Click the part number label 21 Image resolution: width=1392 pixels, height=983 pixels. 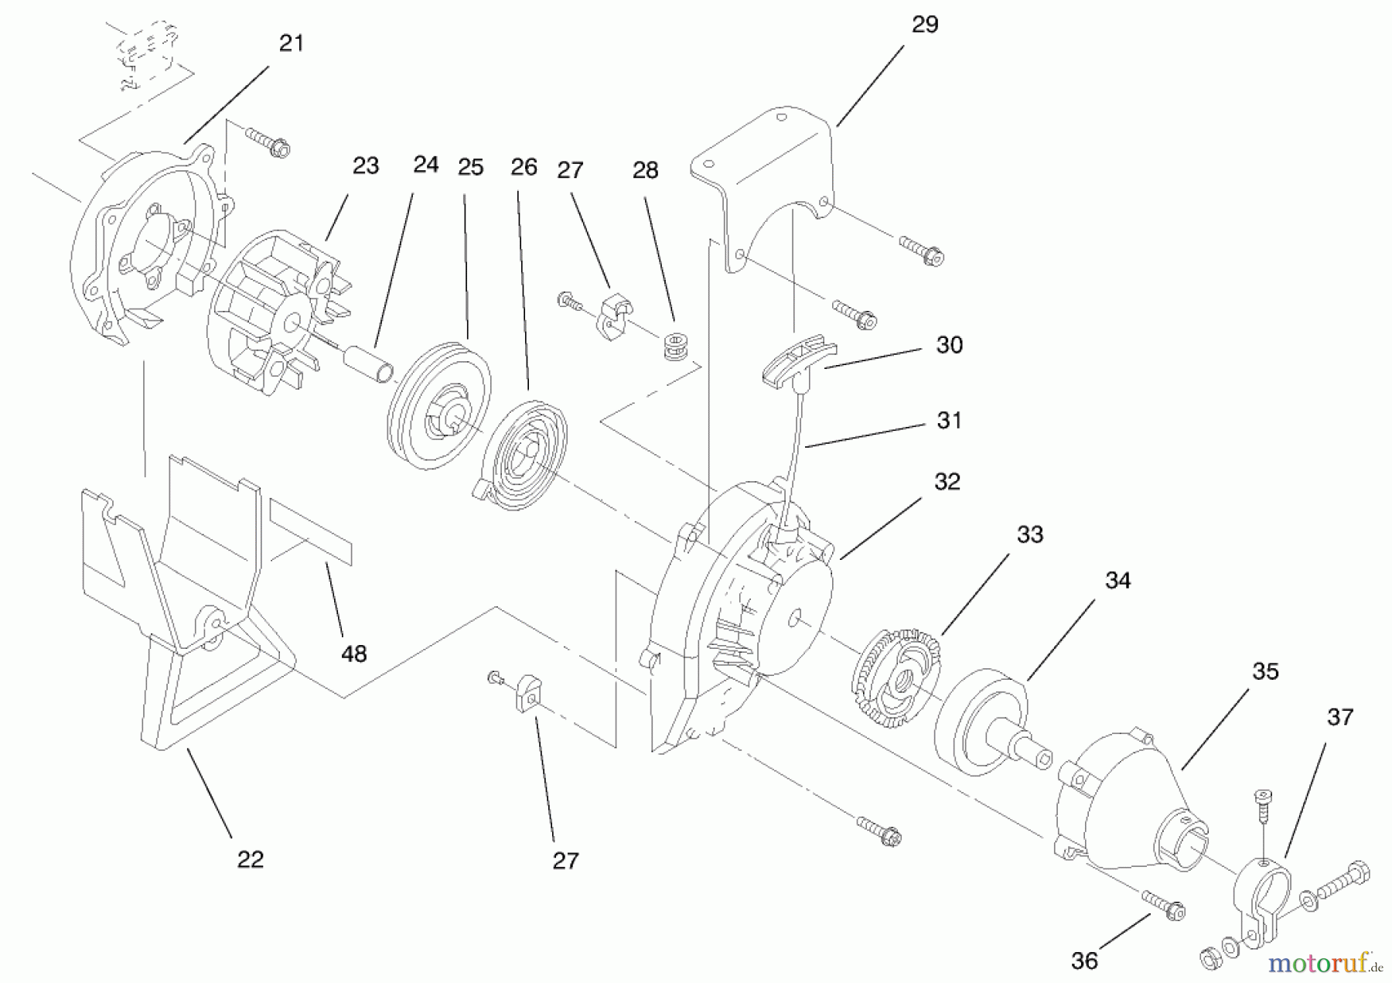click(x=291, y=43)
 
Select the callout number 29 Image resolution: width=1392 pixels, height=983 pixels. click(x=924, y=25)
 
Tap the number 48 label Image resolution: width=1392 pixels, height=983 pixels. click(x=353, y=654)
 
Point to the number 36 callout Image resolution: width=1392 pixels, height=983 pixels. click(x=1084, y=961)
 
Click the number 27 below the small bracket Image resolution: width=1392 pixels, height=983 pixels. click(x=565, y=861)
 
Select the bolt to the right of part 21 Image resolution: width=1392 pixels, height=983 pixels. click(x=268, y=142)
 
